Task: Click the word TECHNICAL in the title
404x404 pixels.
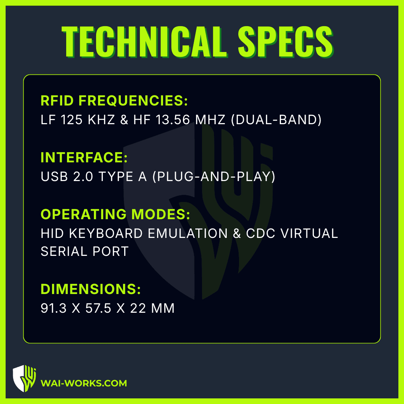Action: (x=144, y=42)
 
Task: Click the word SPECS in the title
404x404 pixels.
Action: (x=285, y=42)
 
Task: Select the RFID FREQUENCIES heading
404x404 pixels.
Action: (x=114, y=101)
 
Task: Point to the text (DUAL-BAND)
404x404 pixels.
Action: (x=276, y=120)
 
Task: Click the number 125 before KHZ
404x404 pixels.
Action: (x=71, y=120)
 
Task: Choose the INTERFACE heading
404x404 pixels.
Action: (x=84, y=157)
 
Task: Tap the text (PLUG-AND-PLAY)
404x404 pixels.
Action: (x=214, y=177)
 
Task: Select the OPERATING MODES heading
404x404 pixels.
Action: (x=115, y=214)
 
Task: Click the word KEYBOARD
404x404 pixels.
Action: (x=105, y=233)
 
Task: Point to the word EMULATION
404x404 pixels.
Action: (x=187, y=233)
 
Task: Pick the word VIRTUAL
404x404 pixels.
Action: (x=309, y=233)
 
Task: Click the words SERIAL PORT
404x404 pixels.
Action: (x=85, y=251)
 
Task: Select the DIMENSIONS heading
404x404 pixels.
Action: (x=91, y=289)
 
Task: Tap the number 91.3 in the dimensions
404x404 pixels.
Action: (x=53, y=308)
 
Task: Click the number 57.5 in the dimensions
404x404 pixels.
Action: (x=98, y=308)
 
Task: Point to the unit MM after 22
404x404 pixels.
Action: (x=163, y=308)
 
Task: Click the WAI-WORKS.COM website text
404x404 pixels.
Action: (x=84, y=383)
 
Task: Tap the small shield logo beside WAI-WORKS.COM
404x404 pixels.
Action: (x=24, y=378)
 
